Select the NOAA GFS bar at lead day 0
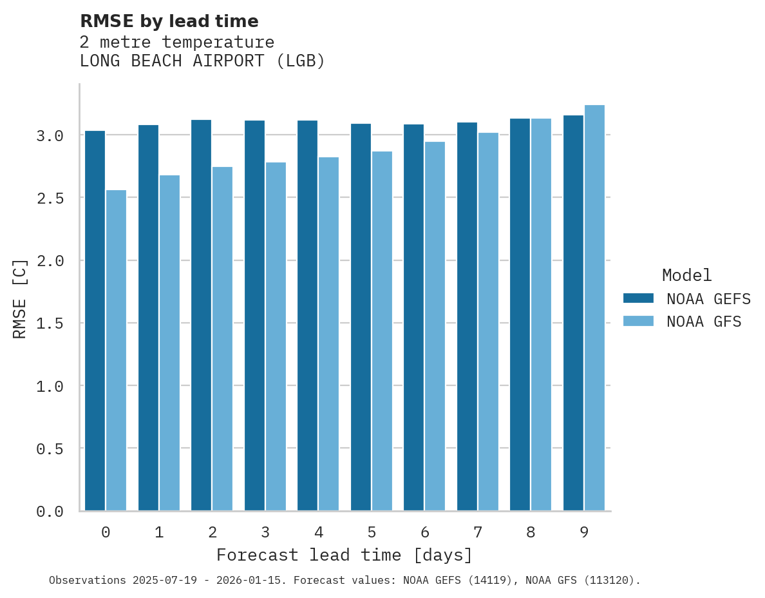tap(116, 351)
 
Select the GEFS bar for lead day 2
tap(201, 315)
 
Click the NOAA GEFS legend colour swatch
tap(638, 298)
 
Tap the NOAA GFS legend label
tap(704, 322)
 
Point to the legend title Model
tap(686, 275)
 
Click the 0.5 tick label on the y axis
tap(50, 448)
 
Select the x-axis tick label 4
tap(318, 532)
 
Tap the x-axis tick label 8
tap(531, 532)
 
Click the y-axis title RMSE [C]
tap(20, 298)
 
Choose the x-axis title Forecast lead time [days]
tap(345, 555)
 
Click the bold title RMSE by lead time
tap(169, 21)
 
